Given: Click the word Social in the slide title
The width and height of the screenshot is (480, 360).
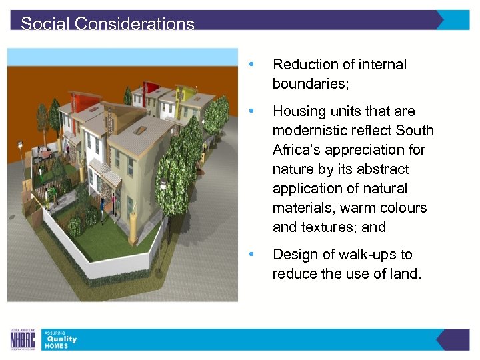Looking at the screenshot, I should tap(45, 24).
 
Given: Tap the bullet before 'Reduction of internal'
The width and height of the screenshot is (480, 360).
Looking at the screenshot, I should tap(251, 65).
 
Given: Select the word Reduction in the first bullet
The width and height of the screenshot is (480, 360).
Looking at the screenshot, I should tap(304, 65).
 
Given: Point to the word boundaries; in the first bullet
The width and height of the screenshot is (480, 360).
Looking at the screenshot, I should tap(310, 84).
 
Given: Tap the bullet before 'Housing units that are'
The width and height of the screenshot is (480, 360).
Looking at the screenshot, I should tap(251, 111).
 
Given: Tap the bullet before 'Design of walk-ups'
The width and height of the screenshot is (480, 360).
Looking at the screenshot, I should tap(251, 255).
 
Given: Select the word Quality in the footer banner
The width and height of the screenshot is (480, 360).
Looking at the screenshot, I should tap(61, 339).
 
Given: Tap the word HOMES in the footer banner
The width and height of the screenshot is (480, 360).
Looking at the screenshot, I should tap(57, 346).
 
